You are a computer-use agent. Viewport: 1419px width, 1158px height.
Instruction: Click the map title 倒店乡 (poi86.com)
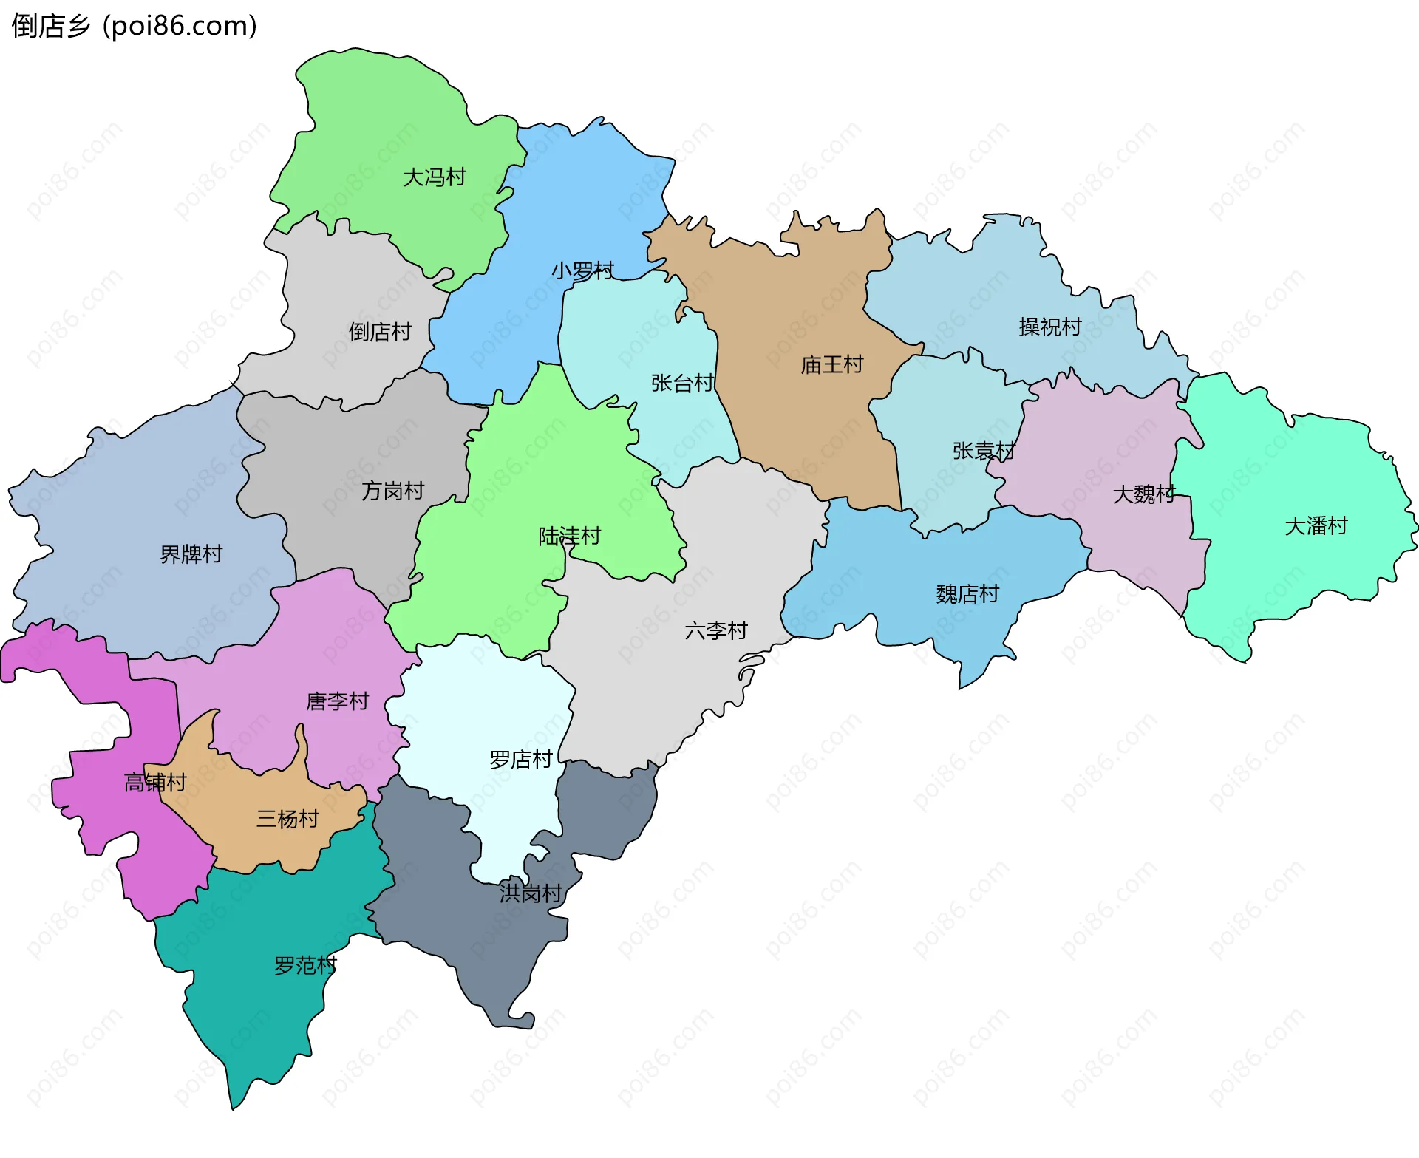(x=135, y=26)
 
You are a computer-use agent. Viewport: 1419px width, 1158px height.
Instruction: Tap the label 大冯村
(x=435, y=177)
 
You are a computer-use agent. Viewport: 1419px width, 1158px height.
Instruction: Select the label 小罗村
(x=582, y=270)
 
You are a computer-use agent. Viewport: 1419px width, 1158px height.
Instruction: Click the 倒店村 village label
(x=380, y=332)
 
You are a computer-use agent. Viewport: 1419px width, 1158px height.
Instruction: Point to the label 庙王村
(x=832, y=364)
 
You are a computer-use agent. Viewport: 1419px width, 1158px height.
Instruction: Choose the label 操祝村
(x=1050, y=327)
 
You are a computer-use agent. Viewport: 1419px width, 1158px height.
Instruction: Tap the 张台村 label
(x=682, y=383)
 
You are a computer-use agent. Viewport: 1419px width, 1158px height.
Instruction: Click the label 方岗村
(x=392, y=491)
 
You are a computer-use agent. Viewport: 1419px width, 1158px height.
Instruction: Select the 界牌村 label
(x=191, y=554)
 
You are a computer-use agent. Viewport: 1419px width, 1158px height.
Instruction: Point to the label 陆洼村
(x=570, y=536)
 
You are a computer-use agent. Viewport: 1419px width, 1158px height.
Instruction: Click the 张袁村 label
(x=984, y=450)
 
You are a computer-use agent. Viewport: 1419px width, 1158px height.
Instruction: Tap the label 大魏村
(x=1144, y=494)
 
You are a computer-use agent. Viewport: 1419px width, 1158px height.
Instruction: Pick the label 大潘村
(x=1316, y=526)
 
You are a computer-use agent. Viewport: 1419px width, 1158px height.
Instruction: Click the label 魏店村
(x=967, y=594)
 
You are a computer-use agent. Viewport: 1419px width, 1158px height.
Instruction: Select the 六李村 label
(x=716, y=630)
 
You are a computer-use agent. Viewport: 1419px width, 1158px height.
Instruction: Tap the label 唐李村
(x=338, y=701)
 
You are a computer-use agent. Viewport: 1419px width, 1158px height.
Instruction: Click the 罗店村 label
(x=521, y=759)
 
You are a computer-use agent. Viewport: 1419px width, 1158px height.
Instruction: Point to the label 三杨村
(x=287, y=819)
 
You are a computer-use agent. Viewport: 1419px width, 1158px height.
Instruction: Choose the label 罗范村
(x=305, y=965)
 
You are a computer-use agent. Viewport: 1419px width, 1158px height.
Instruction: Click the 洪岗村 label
(x=531, y=893)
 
